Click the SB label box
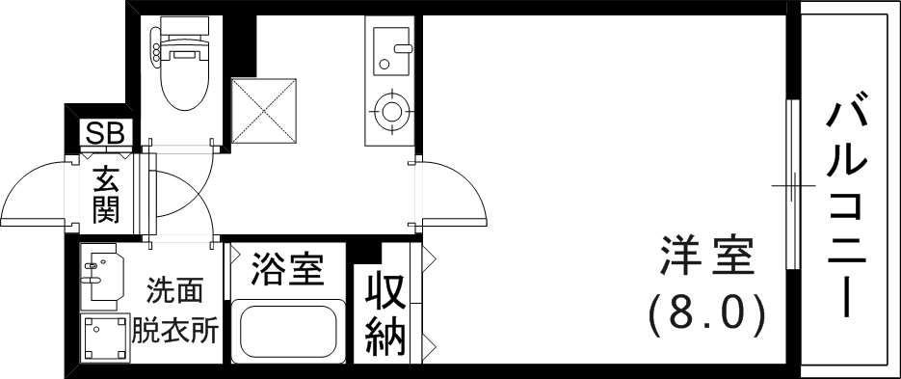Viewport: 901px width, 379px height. [x=105, y=133]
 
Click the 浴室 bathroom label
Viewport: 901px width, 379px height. [x=285, y=270]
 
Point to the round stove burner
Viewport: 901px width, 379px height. [x=392, y=109]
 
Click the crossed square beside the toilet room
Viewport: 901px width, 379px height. [x=261, y=110]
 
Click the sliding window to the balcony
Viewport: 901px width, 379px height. [x=793, y=183]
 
